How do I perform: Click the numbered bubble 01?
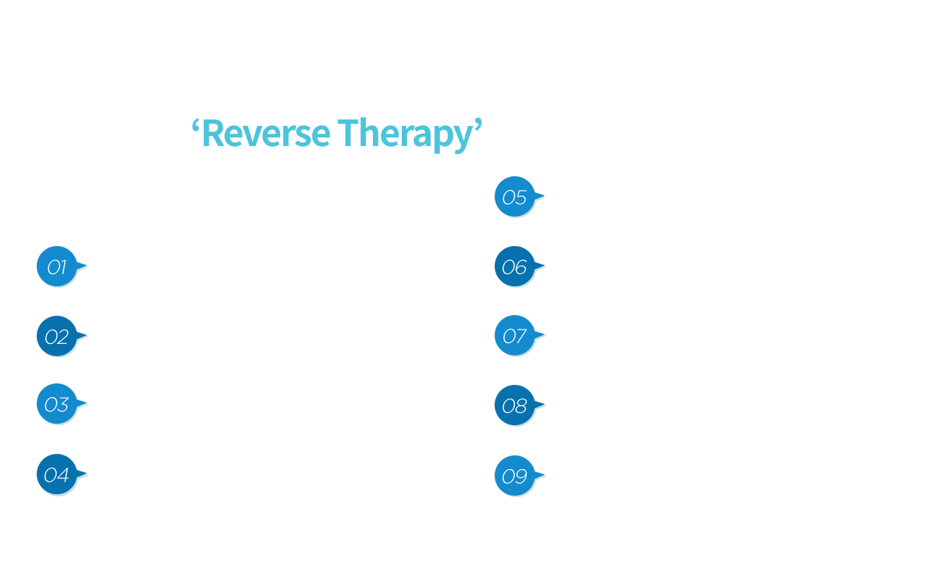click(x=58, y=267)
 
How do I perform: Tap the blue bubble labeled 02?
click(x=58, y=337)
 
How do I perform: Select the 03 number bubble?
click(x=58, y=404)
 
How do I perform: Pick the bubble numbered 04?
click(x=58, y=475)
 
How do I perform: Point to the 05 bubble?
click(x=516, y=196)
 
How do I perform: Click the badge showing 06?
click(x=516, y=267)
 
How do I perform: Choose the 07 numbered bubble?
click(x=516, y=336)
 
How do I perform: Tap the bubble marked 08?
click(x=516, y=406)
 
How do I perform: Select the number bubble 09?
click(x=516, y=476)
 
